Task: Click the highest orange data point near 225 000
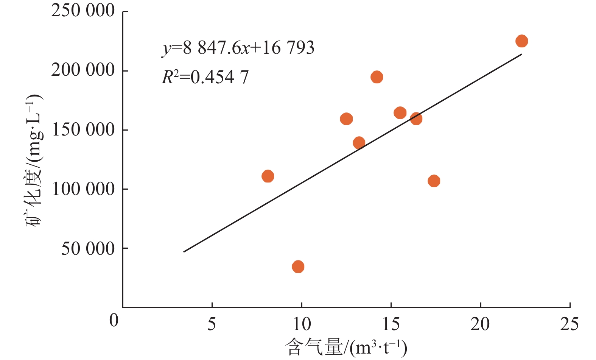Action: (521, 41)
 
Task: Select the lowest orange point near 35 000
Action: (298, 266)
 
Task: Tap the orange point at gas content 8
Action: (268, 176)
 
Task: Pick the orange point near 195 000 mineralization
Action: (377, 77)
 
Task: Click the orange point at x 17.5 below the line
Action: (434, 181)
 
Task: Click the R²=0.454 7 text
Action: (205, 78)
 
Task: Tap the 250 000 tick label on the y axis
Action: (83, 11)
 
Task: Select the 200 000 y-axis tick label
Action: (83, 70)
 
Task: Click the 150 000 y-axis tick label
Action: (83, 129)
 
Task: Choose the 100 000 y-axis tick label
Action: (83, 189)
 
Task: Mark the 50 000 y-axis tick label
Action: (88, 248)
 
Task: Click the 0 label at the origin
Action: (114, 320)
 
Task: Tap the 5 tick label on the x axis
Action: (212, 324)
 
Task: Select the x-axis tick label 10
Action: (302, 324)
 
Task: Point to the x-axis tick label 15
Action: (391, 324)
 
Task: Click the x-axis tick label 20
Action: (480, 324)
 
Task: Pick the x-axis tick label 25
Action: (570, 324)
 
